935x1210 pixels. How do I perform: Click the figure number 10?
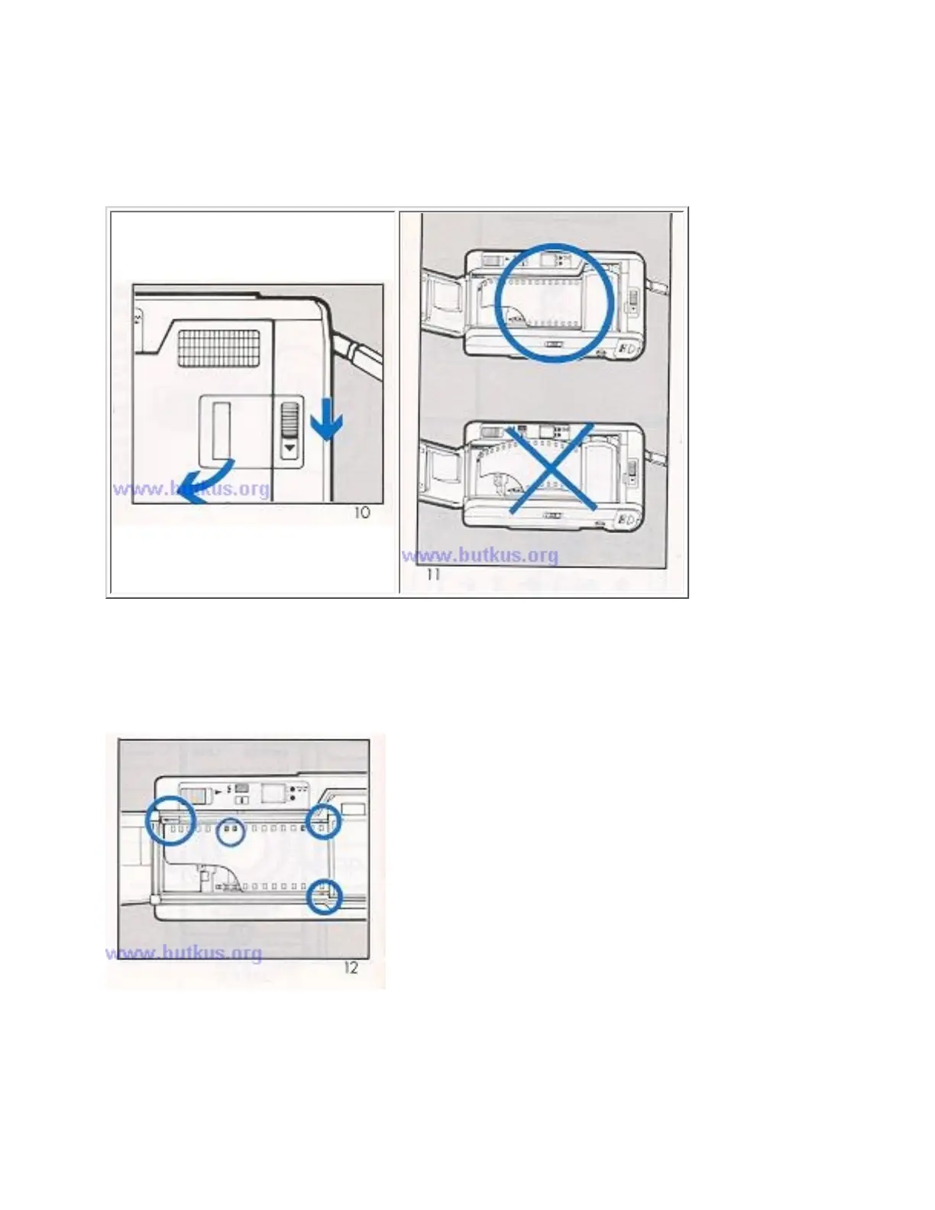(362, 513)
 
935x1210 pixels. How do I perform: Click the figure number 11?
(433, 574)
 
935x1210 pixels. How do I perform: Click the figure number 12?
(351, 968)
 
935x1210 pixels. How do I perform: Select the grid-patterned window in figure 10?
(219, 347)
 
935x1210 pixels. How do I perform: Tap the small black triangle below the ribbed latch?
(290, 448)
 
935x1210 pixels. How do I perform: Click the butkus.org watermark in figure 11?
(480, 555)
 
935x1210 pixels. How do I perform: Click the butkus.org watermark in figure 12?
(183, 953)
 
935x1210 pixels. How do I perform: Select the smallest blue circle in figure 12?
(231, 832)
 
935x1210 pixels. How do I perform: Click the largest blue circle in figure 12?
(170, 820)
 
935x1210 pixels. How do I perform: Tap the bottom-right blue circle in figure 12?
(324, 897)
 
